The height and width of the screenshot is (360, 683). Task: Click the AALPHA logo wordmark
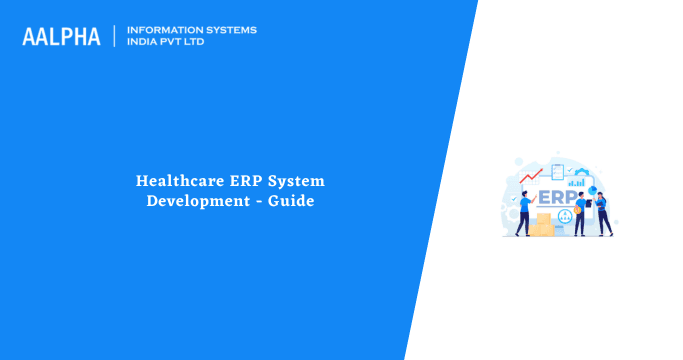click(61, 37)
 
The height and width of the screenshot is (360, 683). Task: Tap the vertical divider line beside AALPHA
click(115, 36)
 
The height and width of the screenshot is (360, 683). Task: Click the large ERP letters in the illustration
click(557, 196)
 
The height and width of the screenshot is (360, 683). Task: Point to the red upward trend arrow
click(530, 177)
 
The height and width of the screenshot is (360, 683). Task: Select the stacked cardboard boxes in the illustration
click(542, 225)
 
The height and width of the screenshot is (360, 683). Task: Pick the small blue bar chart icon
click(576, 181)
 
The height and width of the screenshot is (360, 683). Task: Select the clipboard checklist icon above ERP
click(556, 170)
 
